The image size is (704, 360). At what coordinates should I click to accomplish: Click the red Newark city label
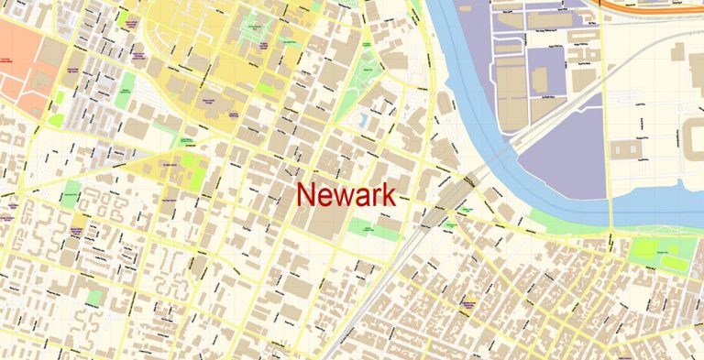346,194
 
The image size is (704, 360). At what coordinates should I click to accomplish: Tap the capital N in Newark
306,194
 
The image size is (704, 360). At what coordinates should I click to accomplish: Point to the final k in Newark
388,194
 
